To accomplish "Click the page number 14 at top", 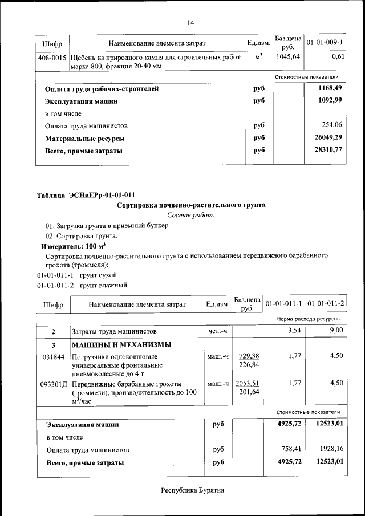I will [x=190, y=23].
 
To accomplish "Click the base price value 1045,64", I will [x=289, y=58].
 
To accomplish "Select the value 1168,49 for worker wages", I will [x=328, y=89].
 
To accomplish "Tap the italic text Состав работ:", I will [x=191, y=215].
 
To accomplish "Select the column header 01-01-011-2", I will [x=325, y=304].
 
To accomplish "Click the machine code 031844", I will [x=52, y=357].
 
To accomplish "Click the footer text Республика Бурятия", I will [x=192, y=490].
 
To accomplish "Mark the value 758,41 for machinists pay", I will [x=289, y=450].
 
